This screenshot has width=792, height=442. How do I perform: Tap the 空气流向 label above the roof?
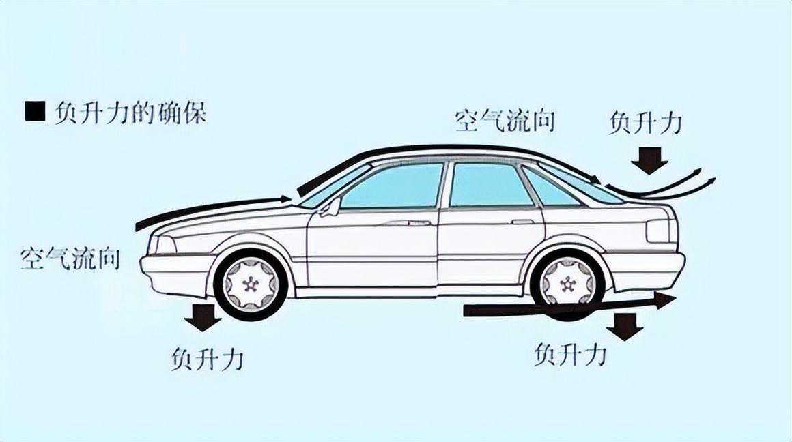tap(505, 121)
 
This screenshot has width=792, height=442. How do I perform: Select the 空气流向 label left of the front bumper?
tap(70, 259)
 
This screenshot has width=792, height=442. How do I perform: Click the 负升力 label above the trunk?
tap(645, 123)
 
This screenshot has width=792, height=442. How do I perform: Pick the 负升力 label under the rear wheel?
tap(571, 354)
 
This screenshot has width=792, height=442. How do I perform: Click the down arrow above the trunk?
tap(649, 161)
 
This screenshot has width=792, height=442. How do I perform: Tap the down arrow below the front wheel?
tap(203, 318)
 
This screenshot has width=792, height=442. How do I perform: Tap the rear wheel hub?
tap(567, 283)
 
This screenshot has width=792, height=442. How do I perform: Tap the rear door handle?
tap(522, 222)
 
